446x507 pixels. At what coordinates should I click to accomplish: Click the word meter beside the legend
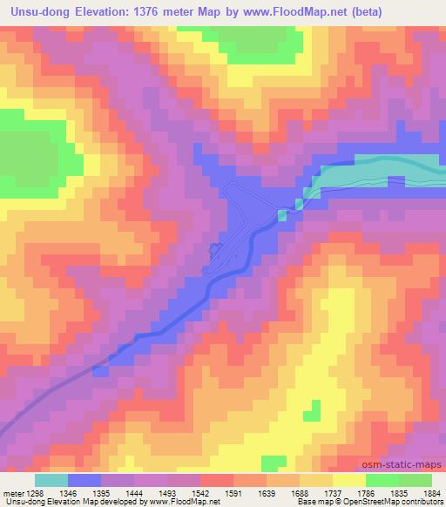point(12,493)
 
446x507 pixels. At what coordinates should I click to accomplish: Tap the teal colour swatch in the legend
point(51,480)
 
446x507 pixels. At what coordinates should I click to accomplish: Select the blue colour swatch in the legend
point(85,480)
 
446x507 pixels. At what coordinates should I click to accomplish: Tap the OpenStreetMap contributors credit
point(404,503)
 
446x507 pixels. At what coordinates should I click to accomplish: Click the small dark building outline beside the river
point(215,252)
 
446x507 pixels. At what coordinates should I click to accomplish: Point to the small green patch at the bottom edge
point(274,462)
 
